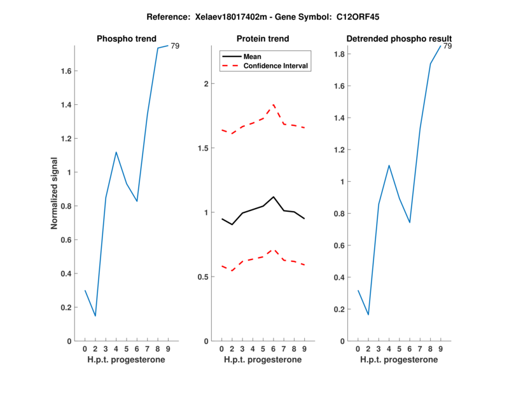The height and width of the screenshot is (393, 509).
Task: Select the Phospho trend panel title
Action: (x=126, y=39)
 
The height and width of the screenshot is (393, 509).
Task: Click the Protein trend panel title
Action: (x=262, y=39)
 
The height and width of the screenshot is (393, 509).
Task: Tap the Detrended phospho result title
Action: (x=398, y=39)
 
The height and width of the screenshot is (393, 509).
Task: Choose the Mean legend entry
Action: (x=253, y=57)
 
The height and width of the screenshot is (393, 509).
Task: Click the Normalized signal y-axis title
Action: (x=55, y=193)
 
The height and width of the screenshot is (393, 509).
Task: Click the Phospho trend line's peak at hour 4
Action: (x=116, y=152)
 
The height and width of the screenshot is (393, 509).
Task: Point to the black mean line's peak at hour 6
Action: (x=273, y=197)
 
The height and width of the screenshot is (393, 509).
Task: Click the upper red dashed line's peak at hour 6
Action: (x=273, y=104)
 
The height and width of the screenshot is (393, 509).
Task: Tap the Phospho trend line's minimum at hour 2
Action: (x=95, y=316)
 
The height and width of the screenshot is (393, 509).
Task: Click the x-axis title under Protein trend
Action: (x=262, y=360)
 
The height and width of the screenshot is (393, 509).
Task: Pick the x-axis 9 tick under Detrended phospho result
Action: (x=440, y=349)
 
